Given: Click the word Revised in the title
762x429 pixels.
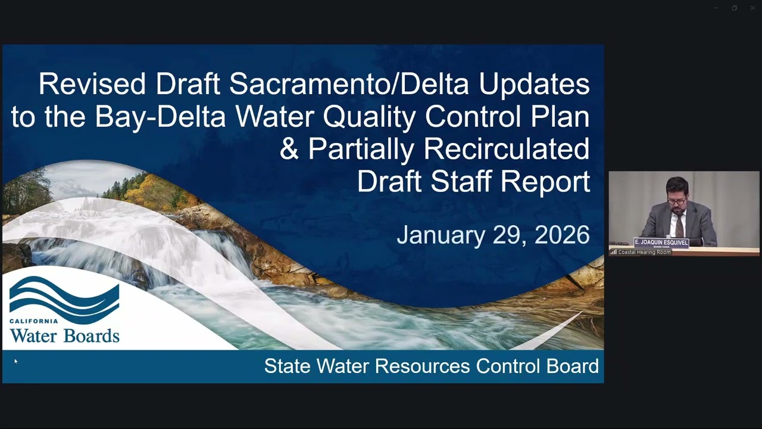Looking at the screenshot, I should pyautogui.click(x=92, y=84).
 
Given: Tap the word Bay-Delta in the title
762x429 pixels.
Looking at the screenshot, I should pyautogui.click(x=160, y=117).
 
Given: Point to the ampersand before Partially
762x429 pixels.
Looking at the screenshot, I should pyautogui.click(x=289, y=150).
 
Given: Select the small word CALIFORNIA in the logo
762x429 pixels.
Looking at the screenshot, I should pyautogui.click(x=34, y=321).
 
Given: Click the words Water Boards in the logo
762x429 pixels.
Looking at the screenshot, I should pyautogui.click(x=64, y=335).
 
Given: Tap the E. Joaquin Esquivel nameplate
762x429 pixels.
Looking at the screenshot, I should pyautogui.click(x=661, y=243).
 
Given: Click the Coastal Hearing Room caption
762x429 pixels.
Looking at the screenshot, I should pyautogui.click(x=644, y=252).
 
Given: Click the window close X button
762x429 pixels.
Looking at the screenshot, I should pyautogui.click(x=752, y=8).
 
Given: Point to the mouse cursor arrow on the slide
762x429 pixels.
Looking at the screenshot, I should pyautogui.click(x=15, y=360).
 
